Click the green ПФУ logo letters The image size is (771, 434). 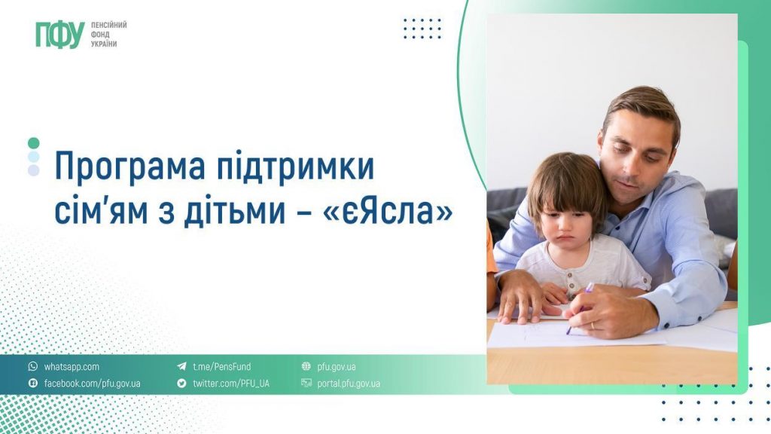(59, 35)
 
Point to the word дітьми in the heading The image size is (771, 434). (233, 212)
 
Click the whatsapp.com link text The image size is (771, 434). (72, 367)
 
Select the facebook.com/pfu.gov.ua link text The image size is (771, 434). (92, 384)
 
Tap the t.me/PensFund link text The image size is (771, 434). (221, 367)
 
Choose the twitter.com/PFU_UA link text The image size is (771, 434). (230, 384)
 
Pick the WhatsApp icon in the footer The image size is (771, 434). (32, 367)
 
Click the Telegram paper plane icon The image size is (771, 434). (181, 367)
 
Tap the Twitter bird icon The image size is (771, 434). (181, 384)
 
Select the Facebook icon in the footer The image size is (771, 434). (32, 384)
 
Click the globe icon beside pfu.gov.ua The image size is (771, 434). (306, 367)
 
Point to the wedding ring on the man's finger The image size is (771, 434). (593, 325)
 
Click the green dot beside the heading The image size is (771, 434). (33, 143)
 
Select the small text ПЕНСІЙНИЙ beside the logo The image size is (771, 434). (108, 26)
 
